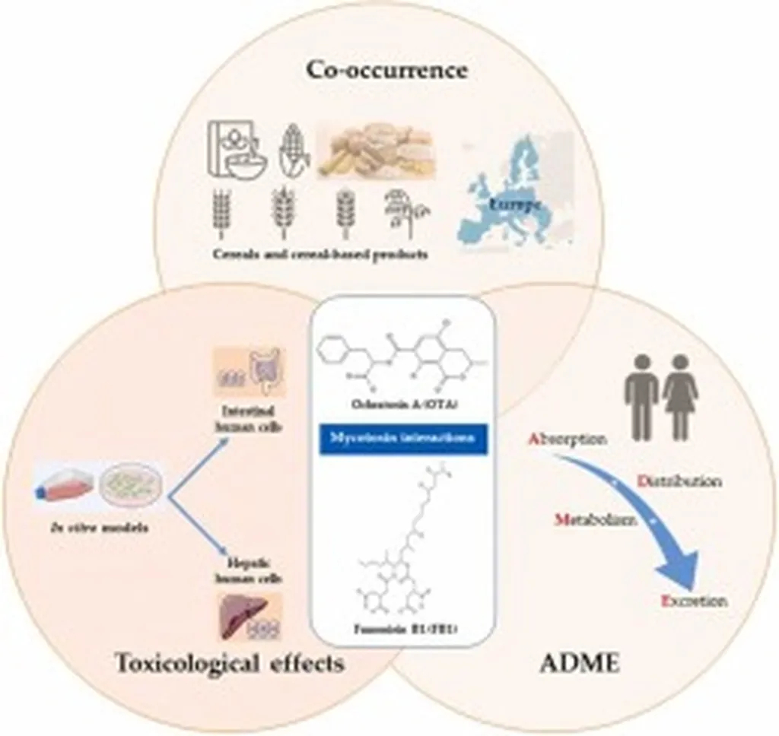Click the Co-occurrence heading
[386, 70]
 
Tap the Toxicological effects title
[229, 662]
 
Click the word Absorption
[567, 440]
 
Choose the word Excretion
[694, 601]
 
